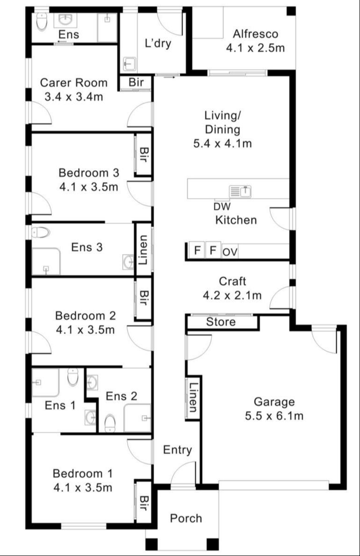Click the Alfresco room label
(255, 34)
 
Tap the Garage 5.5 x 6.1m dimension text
(274, 415)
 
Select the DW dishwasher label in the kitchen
(222, 206)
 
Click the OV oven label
(230, 252)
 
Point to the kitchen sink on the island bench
(240, 191)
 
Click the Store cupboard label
(221, 322)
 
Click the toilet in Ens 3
(41, 232)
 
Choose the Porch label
(186, 518)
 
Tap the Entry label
(177, 450)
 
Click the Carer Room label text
(73, 83)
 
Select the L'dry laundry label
(158, 44)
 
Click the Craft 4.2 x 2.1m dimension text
(232, 295)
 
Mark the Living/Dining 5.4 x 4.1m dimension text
(222, 143)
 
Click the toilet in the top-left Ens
(41, 21)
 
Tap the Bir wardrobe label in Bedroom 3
(143, 155)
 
